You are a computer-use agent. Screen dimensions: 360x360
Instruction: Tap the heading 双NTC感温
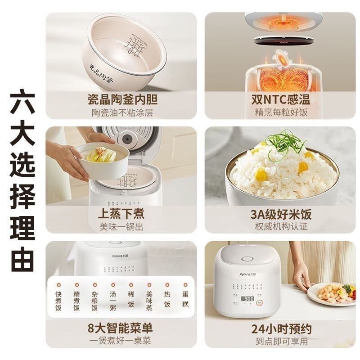point(282,99)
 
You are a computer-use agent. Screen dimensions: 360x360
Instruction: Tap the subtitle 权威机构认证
point(282,227)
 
